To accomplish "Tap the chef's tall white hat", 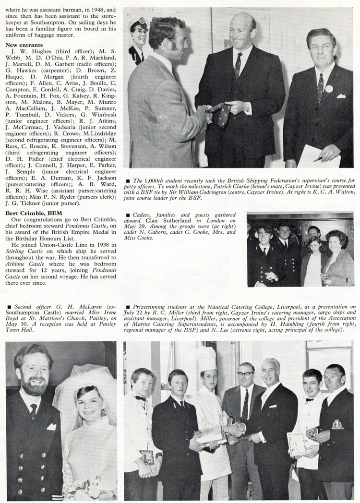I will click(x=207, y=358).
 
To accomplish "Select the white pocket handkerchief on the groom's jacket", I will click(x=51, y=426).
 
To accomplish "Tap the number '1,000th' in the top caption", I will click(x=152, y=180).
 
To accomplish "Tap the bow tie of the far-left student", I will click(x=140, y=398).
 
